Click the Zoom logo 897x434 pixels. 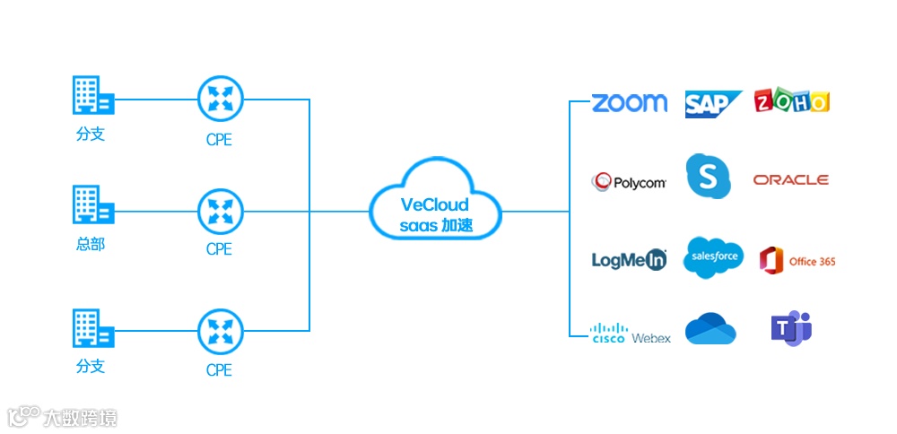[x=630, y=102]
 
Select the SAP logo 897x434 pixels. [x=712, y=104]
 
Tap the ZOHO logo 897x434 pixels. [x=792, y=101]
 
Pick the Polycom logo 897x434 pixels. [x=629, y=183]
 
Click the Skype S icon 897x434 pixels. [x=708, y=176]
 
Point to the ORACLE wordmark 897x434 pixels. [x=790, y=180]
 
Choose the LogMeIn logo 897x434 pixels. [x=629, y=260]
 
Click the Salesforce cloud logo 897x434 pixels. [x=713, y=257]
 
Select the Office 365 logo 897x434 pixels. [x=797, y=260]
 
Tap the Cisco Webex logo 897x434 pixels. [x=631, y=334]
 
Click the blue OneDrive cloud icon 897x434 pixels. [x=710, y=329]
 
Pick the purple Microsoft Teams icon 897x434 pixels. [x=791, y=328]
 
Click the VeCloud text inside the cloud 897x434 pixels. [x=434, y=205]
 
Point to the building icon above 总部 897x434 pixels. [x=92, y=204]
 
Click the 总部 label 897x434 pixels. [x=90, y=243]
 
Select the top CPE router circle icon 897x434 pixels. [x=220, y=100]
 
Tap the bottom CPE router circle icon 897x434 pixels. [x=220, y=331]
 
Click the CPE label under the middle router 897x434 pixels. [x=219, y=249]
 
